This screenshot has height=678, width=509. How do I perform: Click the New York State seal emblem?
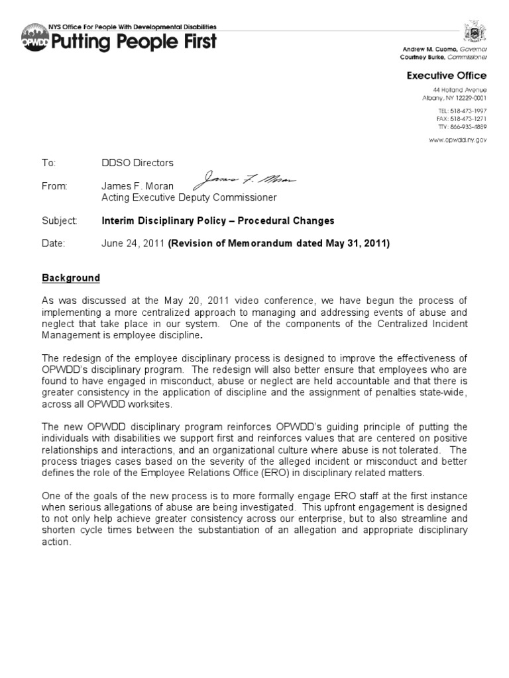pyautogui.click(x=475, y=31)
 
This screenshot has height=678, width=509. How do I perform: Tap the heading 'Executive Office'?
pyautogui.click(x=446, y=75)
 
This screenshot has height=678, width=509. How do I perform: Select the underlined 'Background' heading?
pyautogui.click(x=71, y=278)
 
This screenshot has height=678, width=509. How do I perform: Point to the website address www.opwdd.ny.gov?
pyautogui.click(x=457, y=140)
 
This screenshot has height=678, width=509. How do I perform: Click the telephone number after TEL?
pyautogui.click(x=469, y=110)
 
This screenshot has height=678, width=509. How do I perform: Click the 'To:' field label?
pyautogui.click(x=50, y=163)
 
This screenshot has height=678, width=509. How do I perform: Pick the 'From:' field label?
pyautogui.click(x=55, y=187)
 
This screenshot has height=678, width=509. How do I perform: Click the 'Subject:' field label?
pyautogui.click(x=60, y=220)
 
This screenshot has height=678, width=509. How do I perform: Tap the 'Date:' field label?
pyautogui.click(x=54, y=244)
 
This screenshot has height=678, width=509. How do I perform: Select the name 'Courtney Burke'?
pyautogui.click(x=431, y=57)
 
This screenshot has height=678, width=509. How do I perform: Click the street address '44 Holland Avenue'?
pyautogui.click(x=456, y=89)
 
